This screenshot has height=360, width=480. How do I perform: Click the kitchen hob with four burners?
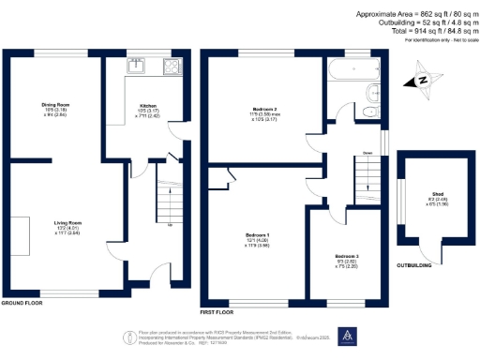click(173, 66)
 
